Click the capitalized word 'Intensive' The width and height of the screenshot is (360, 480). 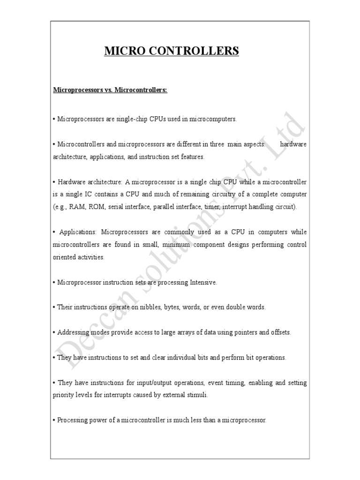click(x=203, y=282)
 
